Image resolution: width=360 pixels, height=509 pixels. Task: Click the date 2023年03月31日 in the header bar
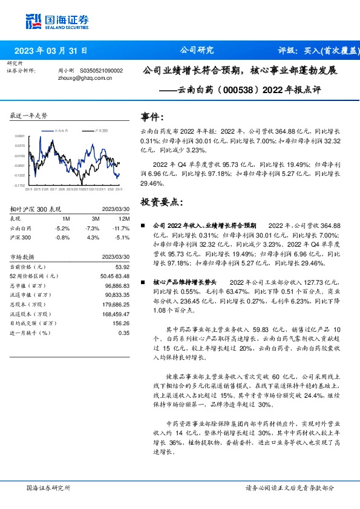(51, 51)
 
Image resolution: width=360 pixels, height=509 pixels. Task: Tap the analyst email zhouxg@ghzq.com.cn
(82, 77)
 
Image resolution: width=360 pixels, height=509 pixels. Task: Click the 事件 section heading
(151, 117)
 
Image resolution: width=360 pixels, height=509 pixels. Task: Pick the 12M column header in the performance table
(125, 218)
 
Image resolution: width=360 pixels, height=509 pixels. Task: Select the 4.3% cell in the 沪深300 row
(93, 237)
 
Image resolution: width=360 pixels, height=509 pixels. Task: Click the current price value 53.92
(122, 267)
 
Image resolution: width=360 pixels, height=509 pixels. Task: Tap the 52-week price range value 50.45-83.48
(114, 276)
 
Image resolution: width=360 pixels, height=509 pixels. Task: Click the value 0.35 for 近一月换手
(124, 332)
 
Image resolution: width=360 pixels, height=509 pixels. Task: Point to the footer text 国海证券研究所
(48, 487)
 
